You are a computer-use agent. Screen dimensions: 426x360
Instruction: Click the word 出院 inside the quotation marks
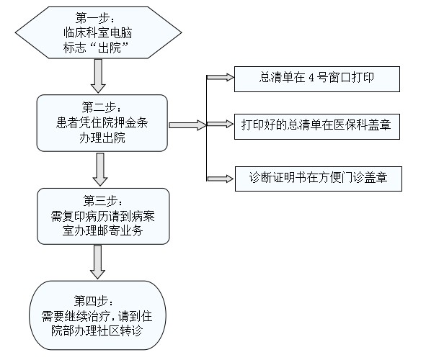point(110,48)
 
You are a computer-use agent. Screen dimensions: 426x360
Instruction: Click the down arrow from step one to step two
point(98,76)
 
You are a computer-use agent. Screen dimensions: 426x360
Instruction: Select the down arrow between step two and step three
point(100,169)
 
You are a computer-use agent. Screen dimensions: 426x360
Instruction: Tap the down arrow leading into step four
point(97,262)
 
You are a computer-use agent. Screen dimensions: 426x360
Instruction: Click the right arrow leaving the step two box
point(187,125)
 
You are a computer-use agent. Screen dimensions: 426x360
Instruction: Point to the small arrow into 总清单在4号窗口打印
point(220,77)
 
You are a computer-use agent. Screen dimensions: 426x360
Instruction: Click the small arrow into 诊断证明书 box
point(220,179)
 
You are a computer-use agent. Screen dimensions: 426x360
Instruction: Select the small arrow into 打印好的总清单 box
point(220,125)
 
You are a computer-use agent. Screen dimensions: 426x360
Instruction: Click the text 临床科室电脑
point(98,33)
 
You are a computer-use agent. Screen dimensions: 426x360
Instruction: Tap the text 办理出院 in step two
point(102,138)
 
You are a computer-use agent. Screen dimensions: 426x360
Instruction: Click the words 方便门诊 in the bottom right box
point(341,177)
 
